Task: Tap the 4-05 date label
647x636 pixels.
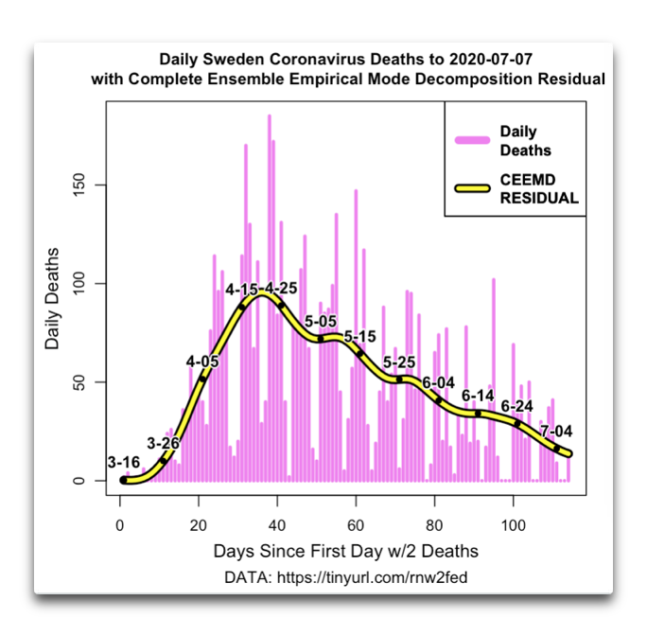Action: [x=201, y=362]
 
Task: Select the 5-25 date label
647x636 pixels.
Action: [x=399, y=362]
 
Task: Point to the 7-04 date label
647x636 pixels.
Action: [x=556, y=432]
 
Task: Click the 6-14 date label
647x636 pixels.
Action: [x=478, y=395]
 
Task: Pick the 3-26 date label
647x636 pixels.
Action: [x=163, y=442]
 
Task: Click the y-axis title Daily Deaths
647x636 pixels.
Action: [x=53, y=298]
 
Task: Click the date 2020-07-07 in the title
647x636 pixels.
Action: [x=487, y=59]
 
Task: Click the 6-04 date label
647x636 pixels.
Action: [x=439, y=382]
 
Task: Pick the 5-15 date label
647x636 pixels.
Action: [x=360, y=337]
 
